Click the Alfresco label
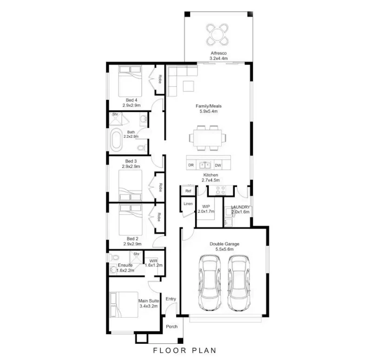[x=218, y=54]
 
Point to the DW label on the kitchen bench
[x=218, y=165]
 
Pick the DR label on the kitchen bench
[x=191, y=165]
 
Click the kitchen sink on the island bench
[x=204, y=165]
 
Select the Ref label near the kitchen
[x=188, y=191]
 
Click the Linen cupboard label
[x=188, y=204]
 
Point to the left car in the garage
[x=208, y=283]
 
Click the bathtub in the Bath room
[x=116, y=140]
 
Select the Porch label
[x=172, y=327]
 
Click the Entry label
[x=171, y=299]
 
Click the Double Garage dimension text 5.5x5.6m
[x=224, y=249]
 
